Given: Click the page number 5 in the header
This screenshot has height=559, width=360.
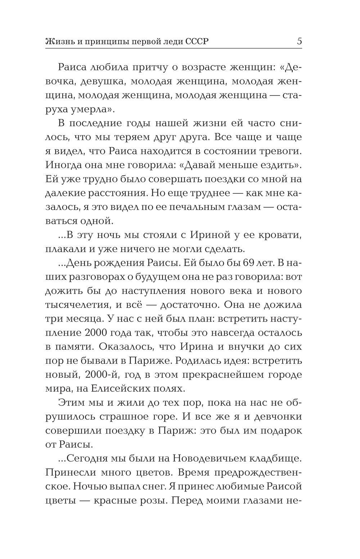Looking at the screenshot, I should tap(299, 41).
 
